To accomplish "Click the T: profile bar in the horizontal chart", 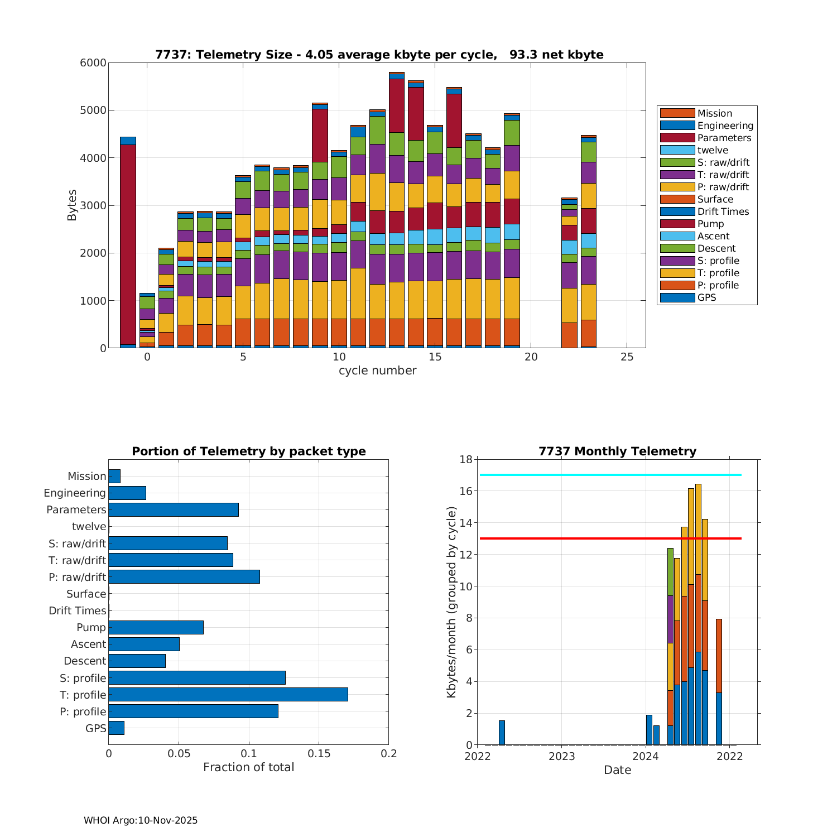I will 228,694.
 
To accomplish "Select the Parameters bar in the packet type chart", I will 174,509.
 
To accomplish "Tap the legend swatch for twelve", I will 677,150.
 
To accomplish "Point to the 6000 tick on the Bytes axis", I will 93,63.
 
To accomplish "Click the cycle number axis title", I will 377,371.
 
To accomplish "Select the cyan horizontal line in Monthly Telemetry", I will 610,475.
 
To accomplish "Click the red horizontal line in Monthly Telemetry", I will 610,538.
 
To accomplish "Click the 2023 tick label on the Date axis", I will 561,756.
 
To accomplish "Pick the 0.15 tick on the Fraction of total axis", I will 319,753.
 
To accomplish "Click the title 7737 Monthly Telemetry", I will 617,451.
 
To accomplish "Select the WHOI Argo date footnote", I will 141,820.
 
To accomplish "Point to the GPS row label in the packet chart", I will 95,728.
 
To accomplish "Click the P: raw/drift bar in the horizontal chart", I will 184,576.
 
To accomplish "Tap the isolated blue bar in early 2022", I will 502,733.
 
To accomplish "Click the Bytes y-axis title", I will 72,205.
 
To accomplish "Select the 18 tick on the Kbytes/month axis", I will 466,459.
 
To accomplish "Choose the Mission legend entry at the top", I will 714,113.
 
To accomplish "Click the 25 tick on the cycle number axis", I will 627,357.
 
